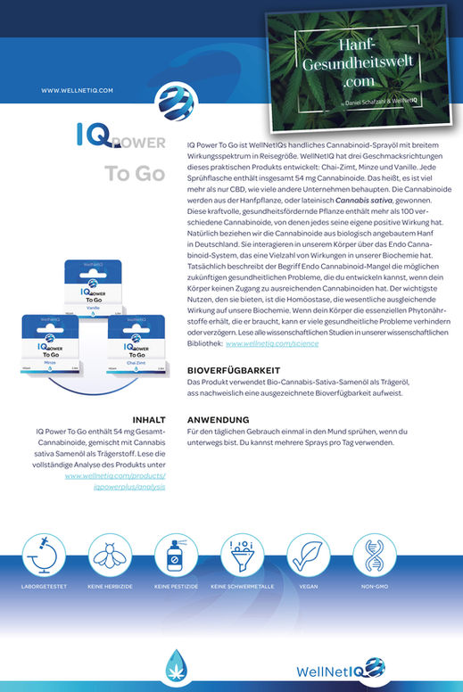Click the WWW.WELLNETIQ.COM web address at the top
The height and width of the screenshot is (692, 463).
click(77, 90)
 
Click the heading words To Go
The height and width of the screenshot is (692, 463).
click(134, 173)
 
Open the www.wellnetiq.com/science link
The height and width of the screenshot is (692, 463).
click(271, 342)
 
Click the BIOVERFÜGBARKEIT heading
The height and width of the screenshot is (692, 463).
click(234, 369)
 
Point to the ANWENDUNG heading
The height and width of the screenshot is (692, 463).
click(218, 419)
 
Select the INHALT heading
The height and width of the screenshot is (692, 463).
click(148, 419)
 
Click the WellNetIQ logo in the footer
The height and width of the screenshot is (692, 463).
click(404, 668)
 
